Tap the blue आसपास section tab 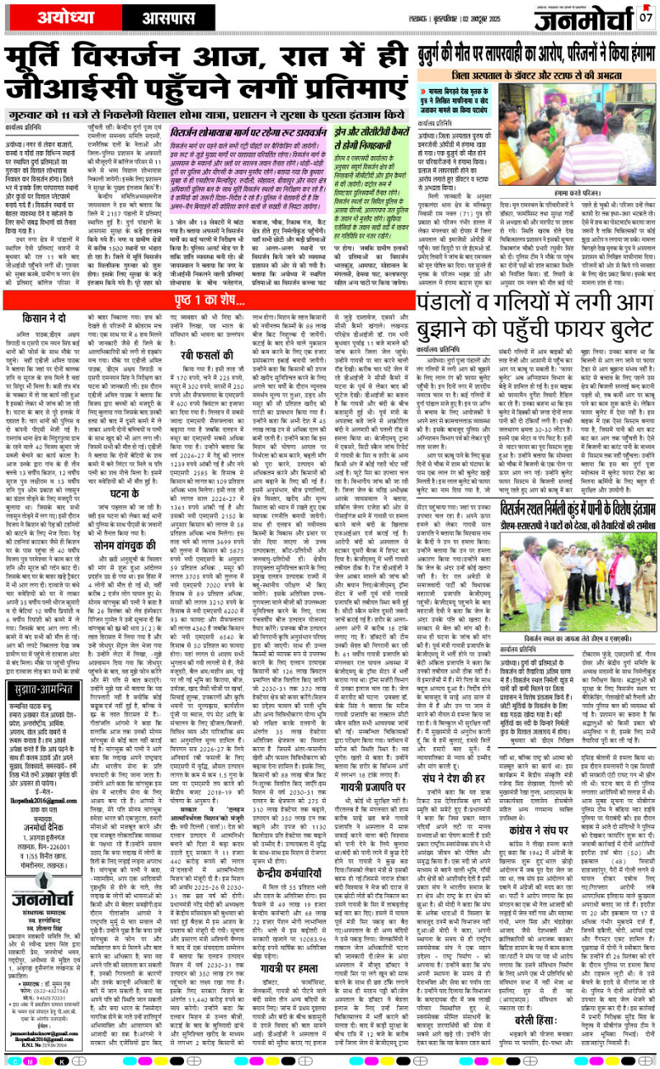148,16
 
